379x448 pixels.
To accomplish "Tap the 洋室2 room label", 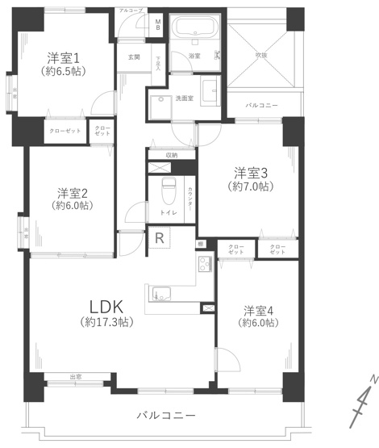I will click(73, 193).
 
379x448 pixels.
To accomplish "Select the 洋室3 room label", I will click(250, 173).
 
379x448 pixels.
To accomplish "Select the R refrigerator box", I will click(160, 239).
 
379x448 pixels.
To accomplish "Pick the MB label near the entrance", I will click(158, 24).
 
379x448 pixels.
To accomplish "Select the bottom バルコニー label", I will click(165, 415).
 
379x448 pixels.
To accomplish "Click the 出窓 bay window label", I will click(75, 377).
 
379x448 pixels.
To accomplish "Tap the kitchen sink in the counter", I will click(160, 294).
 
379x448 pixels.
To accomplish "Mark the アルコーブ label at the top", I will click(130, 10).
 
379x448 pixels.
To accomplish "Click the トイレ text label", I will click(169, 212).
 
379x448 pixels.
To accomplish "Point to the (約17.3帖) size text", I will click(106, 322).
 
